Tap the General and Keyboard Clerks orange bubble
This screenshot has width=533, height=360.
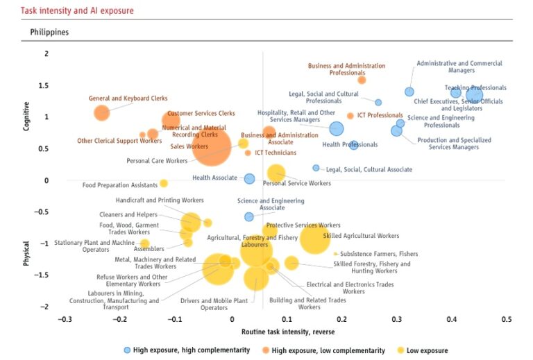[x=102, y=113]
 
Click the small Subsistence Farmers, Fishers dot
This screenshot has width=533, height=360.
[x=335, y=254]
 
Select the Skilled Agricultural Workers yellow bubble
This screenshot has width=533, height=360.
[x=314, y=238]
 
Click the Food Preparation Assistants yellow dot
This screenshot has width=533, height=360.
[x=164, y=183]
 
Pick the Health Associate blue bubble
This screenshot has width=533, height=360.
[x=249, y=179]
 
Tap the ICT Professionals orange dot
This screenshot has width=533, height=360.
[x=350, y=116]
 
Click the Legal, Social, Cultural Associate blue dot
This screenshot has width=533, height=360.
[x=316, y=168]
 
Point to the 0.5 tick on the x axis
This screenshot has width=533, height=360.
[x=506, y=319]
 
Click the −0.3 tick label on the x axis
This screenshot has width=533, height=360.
[x=65, y=319]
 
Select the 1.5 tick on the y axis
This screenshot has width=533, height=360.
[x=45, y=85]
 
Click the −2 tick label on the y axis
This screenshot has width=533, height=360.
[x=45, y=307]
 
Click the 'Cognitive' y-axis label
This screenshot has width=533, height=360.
[x=26, y=116]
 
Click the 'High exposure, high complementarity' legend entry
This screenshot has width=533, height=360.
[x=186, y=350]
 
